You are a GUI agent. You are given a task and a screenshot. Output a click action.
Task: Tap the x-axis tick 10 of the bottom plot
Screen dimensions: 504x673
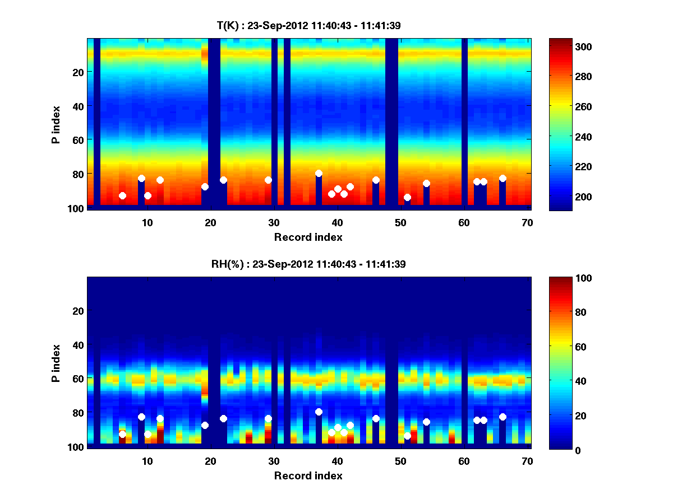(147, 461)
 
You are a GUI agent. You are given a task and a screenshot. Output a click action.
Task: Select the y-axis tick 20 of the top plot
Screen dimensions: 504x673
(77, 72)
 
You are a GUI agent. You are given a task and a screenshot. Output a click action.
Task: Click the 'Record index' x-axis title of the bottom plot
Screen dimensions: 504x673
(308, 475)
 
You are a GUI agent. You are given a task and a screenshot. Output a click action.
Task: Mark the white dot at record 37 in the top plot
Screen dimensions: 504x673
(319, 174)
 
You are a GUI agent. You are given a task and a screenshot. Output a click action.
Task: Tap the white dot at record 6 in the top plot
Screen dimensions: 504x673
(122, 195)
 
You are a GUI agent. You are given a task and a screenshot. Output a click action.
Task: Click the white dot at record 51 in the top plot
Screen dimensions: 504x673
(407, 197)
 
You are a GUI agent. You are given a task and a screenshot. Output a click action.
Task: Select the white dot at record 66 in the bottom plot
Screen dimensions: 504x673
(503, 417)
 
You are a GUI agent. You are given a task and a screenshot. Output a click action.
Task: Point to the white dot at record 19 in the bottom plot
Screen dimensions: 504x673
(205, 425)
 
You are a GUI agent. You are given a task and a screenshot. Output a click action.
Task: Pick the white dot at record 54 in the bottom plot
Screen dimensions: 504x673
(426, 422)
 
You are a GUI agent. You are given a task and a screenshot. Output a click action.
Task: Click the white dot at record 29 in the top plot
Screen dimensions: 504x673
(268, 180)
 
